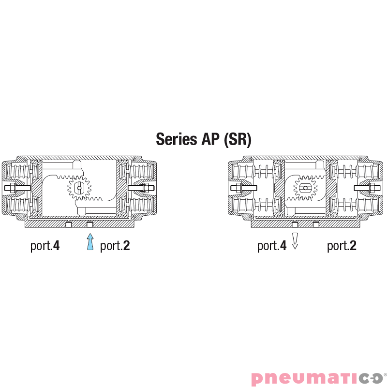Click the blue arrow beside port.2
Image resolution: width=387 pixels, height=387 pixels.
coord(90,242)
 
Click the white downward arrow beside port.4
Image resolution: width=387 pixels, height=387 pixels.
coord(295,241)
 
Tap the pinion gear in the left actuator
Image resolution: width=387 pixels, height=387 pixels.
coord(79,188)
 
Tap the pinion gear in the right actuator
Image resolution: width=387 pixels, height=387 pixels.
coord(305,188)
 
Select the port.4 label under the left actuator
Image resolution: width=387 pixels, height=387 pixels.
coord(45,246)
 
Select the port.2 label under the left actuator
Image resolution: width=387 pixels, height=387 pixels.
coord(115,246)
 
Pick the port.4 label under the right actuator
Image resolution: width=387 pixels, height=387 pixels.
coord(272,246)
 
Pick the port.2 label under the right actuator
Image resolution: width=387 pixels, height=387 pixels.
coord(342,246)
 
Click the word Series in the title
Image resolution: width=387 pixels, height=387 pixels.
coord(177,139)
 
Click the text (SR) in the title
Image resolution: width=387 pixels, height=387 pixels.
coord(238,139)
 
